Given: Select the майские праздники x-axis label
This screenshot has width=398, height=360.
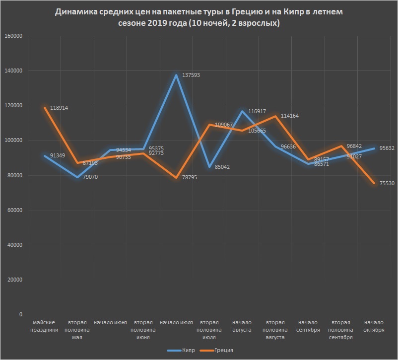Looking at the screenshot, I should (45, 326).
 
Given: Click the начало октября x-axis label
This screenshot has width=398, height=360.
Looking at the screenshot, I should (374, 326).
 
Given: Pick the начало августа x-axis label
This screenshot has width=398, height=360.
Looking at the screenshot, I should (242, 326).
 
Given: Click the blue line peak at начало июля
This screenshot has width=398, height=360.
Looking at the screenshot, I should (176, 75).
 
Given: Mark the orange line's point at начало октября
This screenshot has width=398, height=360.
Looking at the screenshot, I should (374, 183).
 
